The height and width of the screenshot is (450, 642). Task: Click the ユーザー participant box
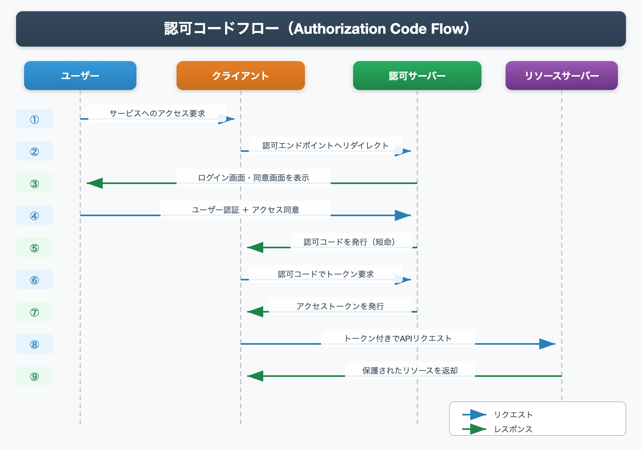click(80, 76)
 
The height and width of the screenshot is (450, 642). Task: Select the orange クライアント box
click(241, 76)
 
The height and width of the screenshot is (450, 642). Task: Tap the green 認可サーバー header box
click(417, 76)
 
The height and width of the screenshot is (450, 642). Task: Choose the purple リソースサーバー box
click(562, 76)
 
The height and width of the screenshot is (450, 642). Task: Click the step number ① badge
click(35, 119)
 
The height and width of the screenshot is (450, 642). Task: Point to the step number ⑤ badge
click(35, 248)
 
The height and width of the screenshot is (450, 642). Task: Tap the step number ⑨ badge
click(35, 376)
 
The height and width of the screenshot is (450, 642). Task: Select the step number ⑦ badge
click(35, 312)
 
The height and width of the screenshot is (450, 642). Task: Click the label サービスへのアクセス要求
click(157, 113)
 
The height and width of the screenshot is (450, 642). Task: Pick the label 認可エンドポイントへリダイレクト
click(325, 145)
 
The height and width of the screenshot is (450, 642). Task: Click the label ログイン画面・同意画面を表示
click(254, 178)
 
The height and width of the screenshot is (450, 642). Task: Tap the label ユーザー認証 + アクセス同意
click(246, 210)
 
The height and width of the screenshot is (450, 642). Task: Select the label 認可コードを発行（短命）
click(351, 242)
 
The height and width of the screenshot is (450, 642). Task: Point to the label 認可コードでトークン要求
click(325, 274)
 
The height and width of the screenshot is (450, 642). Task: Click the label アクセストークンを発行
click(340, 306)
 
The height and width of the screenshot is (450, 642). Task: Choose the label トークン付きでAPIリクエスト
click(398, 338)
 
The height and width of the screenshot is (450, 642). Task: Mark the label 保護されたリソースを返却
click(410, 370)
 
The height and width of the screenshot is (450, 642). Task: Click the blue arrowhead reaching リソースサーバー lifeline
click(547, 344)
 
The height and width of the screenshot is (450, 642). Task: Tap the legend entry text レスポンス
click(513, 429)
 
